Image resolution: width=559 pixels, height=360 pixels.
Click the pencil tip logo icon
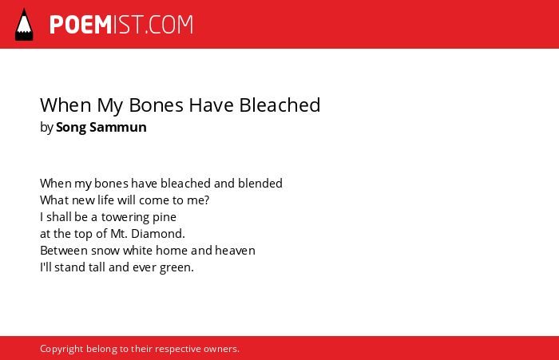(24, 25)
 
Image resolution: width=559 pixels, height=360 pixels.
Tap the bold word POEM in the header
(81, 25)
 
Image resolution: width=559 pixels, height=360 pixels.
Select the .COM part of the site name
(169, 25)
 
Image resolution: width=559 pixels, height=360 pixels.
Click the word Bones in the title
(157, 105)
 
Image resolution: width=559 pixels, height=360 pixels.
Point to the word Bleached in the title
(279, 105)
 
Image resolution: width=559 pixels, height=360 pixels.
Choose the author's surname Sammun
(118, 127)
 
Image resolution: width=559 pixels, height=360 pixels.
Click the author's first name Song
(71, 128)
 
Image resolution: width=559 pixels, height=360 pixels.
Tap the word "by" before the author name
(46, 128)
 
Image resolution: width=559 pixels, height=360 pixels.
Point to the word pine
(165, 217)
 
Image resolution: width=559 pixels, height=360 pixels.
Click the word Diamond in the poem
(158, 234)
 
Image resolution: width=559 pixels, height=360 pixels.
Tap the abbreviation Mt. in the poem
(119, 234)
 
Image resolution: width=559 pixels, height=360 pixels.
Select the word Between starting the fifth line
(64, 251)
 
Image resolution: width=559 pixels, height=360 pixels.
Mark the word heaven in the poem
(235, 251)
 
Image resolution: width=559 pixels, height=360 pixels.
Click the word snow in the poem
(105, 251)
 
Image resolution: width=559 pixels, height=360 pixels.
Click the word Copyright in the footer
(61, 349)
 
